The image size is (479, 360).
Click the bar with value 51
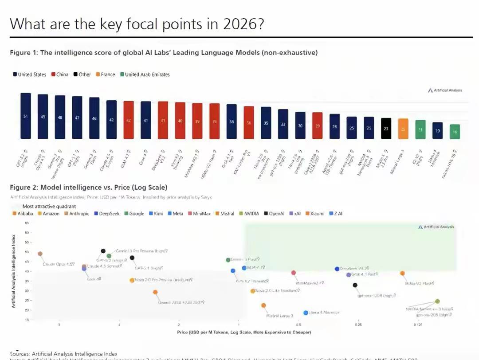coord(26,116)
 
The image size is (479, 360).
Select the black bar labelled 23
coord(386,128)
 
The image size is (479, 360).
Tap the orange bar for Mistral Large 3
coord(403,129)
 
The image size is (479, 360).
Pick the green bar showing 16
coord(455,131)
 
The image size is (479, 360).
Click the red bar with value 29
coord(318,125)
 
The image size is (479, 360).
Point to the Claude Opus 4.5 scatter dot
coord(40,254)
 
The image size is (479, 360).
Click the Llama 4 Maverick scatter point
coord(306,313)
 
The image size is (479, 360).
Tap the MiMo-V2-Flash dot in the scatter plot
coord(403,274)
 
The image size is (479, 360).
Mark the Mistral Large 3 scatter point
coord(263,305)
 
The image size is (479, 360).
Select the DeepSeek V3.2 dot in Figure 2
coord(337,269)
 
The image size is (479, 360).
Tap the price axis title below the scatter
coord(244,332)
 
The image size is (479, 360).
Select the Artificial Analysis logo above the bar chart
coord(445,90)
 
